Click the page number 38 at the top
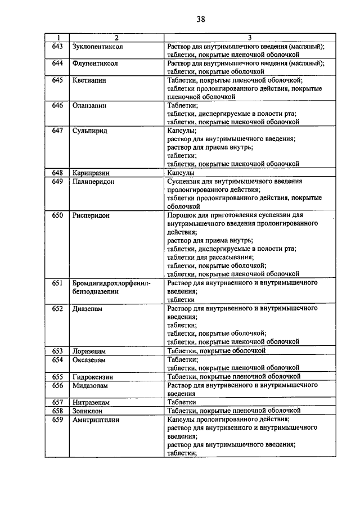tap(201, 19)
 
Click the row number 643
tap(57, 46)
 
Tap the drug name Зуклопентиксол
tap(98, 46)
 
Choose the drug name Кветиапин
tap(89, 80)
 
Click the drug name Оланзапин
tap(89, 105)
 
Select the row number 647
tap(57, 130)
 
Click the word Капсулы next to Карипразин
tap(181, 173)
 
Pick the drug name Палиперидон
tap(94, 181)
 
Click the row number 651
tap(57, 283)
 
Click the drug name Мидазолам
tap(90, 385)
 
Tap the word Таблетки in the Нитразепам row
tap(181, 402)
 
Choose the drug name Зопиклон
tap(88, 411)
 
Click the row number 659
tap(57, 419)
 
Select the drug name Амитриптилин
tap(96, 419)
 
